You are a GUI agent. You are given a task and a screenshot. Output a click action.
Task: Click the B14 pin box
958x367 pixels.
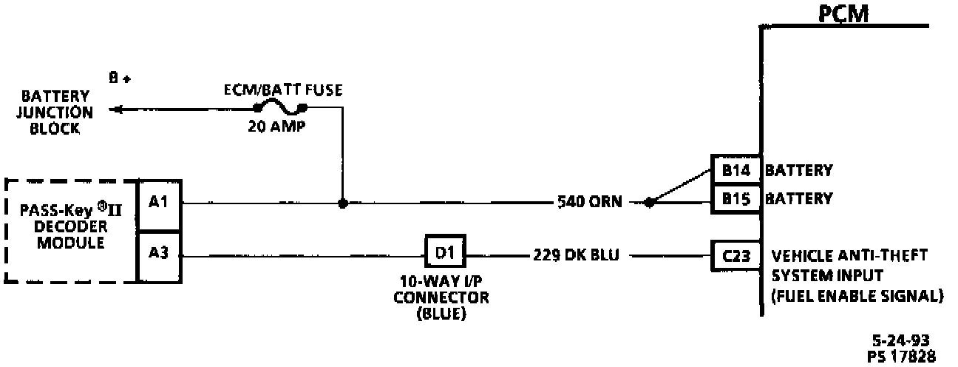point(736,171)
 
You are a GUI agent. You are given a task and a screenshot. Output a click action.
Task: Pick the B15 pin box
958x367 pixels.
point(736,198)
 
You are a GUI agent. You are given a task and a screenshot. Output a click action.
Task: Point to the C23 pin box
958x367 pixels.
point(735,256)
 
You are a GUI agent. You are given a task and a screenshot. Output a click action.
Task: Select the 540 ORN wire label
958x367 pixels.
point(591,201)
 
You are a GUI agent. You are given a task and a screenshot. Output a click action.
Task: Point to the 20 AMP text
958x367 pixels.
point(277,127)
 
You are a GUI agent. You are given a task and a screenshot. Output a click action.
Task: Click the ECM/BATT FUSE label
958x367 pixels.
point(284,90)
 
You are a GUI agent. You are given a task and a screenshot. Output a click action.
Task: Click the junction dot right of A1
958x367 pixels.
point(342,203)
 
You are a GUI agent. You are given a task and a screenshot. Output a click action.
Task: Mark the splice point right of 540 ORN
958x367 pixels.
point(649,202)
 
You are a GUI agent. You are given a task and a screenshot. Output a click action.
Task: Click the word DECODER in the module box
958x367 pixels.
point(71,226)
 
